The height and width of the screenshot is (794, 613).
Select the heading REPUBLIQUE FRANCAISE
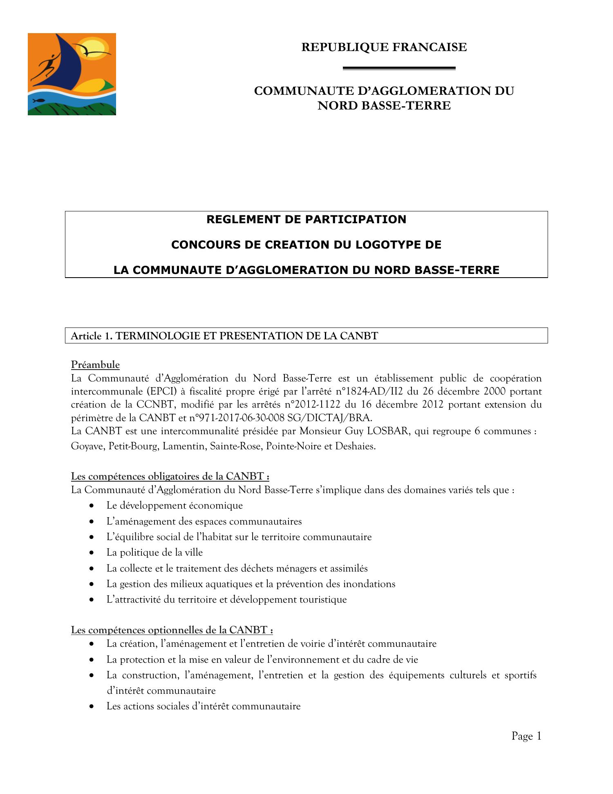coord(384,47)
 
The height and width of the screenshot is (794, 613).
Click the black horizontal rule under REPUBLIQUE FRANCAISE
coord(399,68)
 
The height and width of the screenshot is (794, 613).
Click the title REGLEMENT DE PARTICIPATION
coord(306,220)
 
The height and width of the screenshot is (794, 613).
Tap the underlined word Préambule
coord(95,364)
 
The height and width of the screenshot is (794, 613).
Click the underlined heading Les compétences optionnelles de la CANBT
coord(172,630)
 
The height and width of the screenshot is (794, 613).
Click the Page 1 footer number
coord(526,736)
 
